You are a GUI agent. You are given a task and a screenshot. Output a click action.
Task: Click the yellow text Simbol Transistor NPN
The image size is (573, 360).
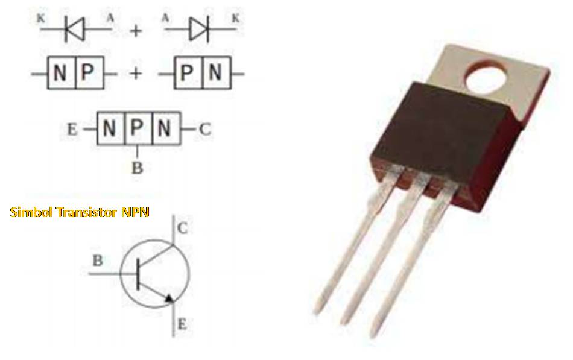pyautogui.click(x=80, y=212)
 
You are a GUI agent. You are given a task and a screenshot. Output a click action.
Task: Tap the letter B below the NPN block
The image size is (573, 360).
pyautogui.click(x=138, y=168)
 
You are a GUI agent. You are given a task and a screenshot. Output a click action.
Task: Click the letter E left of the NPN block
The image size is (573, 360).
pyautogui.click(x=72, y=130)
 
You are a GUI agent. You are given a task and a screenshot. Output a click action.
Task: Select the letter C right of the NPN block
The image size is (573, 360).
pyautogui.click(x=205, y=129)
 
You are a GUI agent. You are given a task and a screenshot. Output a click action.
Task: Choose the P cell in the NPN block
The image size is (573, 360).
pyautogui.click(x=138, y=128)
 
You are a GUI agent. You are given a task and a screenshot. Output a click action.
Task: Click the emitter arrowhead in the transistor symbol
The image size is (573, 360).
pyautogui.click(x=169, y=297)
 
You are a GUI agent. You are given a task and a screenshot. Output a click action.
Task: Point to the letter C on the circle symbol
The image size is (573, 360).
pyautogui.click(x=183, y=229)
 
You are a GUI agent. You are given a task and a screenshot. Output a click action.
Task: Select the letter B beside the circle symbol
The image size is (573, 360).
pyautogui.click(x=98, y=261)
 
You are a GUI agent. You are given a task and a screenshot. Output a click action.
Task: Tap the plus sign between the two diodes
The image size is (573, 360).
pyautogui.click(x=136, y=30)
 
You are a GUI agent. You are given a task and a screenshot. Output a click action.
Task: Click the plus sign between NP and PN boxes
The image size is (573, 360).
pyautogui.click(x=136, y=74)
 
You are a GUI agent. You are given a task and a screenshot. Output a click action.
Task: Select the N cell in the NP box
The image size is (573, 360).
pyautogui.click(x=60, y=74)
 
